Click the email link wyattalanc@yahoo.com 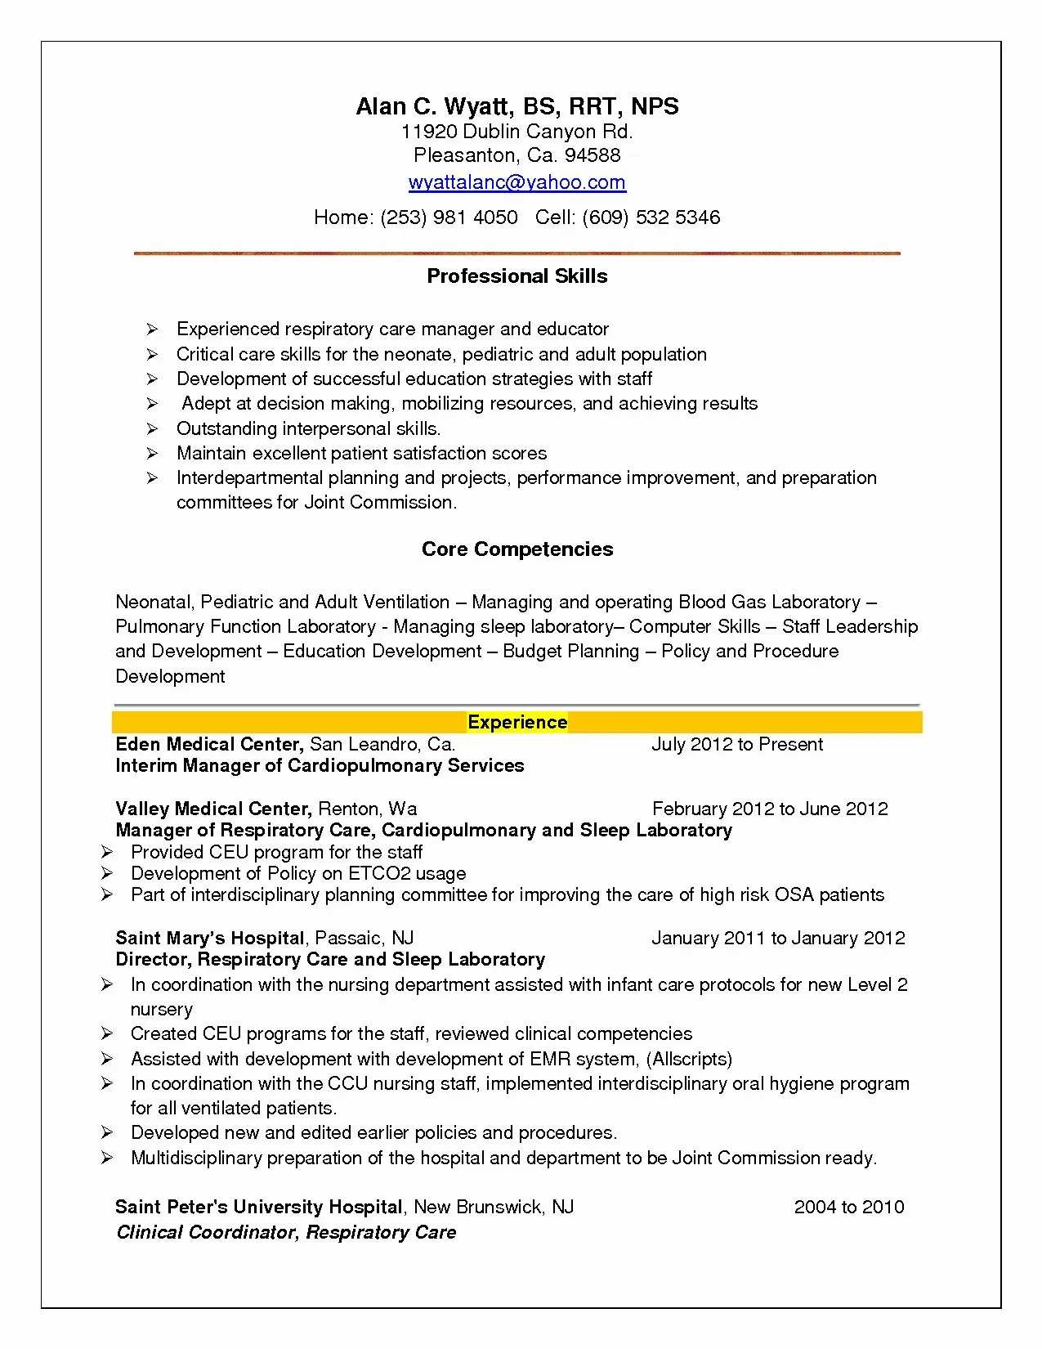click(x=517, y=182)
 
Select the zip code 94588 click(x=593, y=155)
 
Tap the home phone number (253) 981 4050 click(x=449, y=217)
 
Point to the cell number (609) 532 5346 click(x=651, y=217)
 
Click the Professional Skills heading click(x=517, y=276)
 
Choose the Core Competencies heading click(x=517, y=549)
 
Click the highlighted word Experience click(x=517, y=723)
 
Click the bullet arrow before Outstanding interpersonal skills click(x=152, y=429)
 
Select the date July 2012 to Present click(x=736, y=745)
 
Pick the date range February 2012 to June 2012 click(x=769, y=809)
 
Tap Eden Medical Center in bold click(x=209, y=745)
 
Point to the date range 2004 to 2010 click(x=848, y=1208)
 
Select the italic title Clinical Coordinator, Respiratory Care click(x=286, y=1233)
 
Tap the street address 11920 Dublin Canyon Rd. click(x=517, y=132)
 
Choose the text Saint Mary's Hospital click(x=210, y=939)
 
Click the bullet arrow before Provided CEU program click(x=107, y=853)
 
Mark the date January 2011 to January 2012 click(x=777, y=939)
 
